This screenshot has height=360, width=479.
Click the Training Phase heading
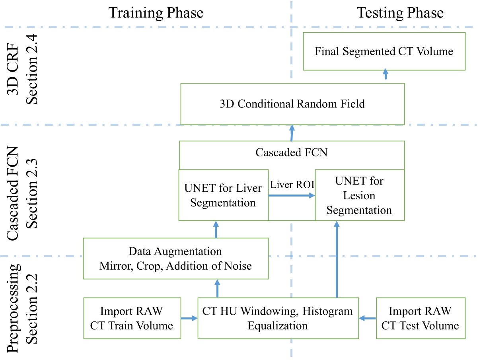[156, 13]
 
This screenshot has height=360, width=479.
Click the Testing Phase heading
[399, 13]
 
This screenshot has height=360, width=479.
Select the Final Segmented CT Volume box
[384, 51]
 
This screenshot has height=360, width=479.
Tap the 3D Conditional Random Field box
[292, 104]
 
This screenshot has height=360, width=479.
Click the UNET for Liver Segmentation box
[223, 195]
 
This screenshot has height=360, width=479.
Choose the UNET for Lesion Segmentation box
[359, 195]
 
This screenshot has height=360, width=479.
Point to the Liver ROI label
[291, 185]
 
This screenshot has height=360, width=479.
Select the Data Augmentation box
[175, 258]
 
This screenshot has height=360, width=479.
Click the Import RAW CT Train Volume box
[132, 318]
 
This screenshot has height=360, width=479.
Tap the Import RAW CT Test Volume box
[420, 318]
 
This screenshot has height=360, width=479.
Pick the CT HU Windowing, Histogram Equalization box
[278, 318]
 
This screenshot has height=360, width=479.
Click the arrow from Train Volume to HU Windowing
[189, 318]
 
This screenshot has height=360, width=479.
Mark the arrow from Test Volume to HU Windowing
[367, 318]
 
